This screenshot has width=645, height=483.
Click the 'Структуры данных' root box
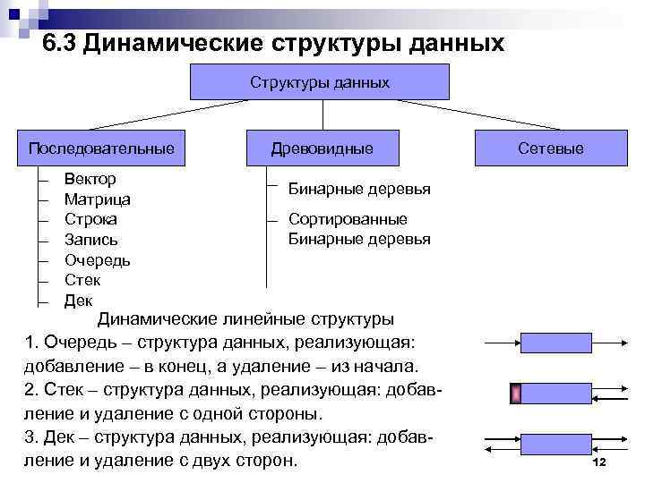319,82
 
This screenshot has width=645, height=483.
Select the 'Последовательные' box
101,147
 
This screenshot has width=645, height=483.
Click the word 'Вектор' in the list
90,179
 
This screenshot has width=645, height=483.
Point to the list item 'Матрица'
98,199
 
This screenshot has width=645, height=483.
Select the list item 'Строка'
90,219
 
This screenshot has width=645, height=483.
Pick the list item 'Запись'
90,240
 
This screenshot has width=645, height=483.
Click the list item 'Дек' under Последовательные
78,301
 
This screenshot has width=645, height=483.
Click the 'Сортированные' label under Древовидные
348,219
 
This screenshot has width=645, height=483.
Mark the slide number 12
599,461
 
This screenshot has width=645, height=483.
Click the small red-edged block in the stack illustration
516,394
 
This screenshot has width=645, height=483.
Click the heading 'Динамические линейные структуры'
245,319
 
